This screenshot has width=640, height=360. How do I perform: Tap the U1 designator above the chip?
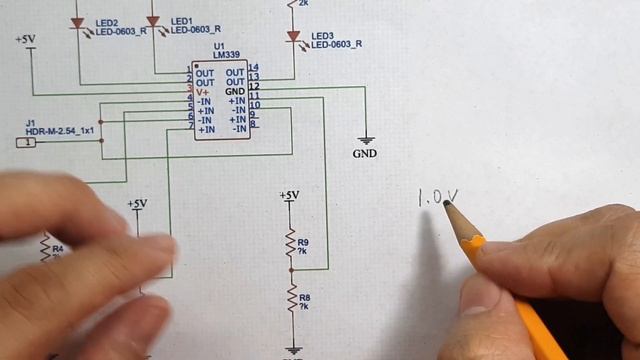(x=219, y=47)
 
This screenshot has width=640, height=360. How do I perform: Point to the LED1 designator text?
(x=181, y=21)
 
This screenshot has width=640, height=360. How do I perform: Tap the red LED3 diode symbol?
(x=293, y=37)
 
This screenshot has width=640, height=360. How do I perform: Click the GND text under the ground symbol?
(x=365, y=155)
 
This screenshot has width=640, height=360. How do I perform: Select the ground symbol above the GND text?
(x=366, y=139)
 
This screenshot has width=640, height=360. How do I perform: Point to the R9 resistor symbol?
(x=291, y=243)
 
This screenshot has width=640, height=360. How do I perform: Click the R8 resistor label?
(x=305, y=297)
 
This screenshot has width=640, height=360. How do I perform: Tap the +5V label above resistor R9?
(x=289, y=195)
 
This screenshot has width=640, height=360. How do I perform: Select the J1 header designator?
(x=30, y=122)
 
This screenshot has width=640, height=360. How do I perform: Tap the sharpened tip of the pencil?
(x=447, y=203)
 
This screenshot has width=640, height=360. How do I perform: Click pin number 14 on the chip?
(x=254, y=68)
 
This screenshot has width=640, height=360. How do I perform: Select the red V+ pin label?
(x=203, y=90)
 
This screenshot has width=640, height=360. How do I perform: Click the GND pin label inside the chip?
(x=235, y=91)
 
